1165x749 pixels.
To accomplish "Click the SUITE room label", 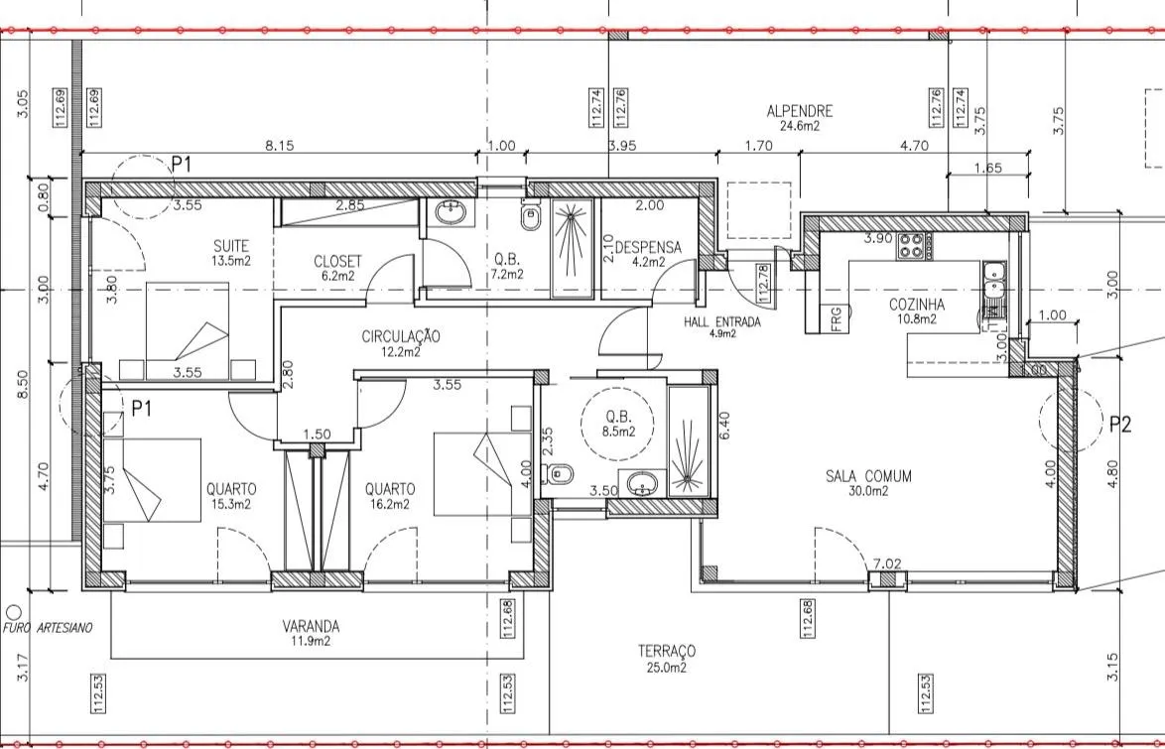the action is click(231, 246).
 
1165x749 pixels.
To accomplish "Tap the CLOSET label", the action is click(337, 262).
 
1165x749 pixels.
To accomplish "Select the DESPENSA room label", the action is click(648, 247).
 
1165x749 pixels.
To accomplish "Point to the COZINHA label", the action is click(917, 305).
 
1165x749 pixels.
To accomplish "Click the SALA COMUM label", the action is click(868, 476).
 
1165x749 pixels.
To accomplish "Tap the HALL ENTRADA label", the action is click(722, 322).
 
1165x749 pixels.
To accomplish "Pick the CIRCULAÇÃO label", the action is click(401, 336).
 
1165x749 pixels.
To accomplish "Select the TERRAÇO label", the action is click(667, 652).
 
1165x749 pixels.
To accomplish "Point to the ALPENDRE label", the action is click(800, 111).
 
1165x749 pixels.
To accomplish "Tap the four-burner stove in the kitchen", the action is click(912, 246).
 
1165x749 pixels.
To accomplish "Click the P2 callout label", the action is click(1119, 425).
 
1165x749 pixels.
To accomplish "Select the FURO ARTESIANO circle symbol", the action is click(13, 612).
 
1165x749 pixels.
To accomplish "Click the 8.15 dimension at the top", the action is click(280, 146).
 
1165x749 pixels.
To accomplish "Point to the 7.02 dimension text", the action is click(887, 563).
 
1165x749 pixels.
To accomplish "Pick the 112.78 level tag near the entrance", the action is click(762, 283).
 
